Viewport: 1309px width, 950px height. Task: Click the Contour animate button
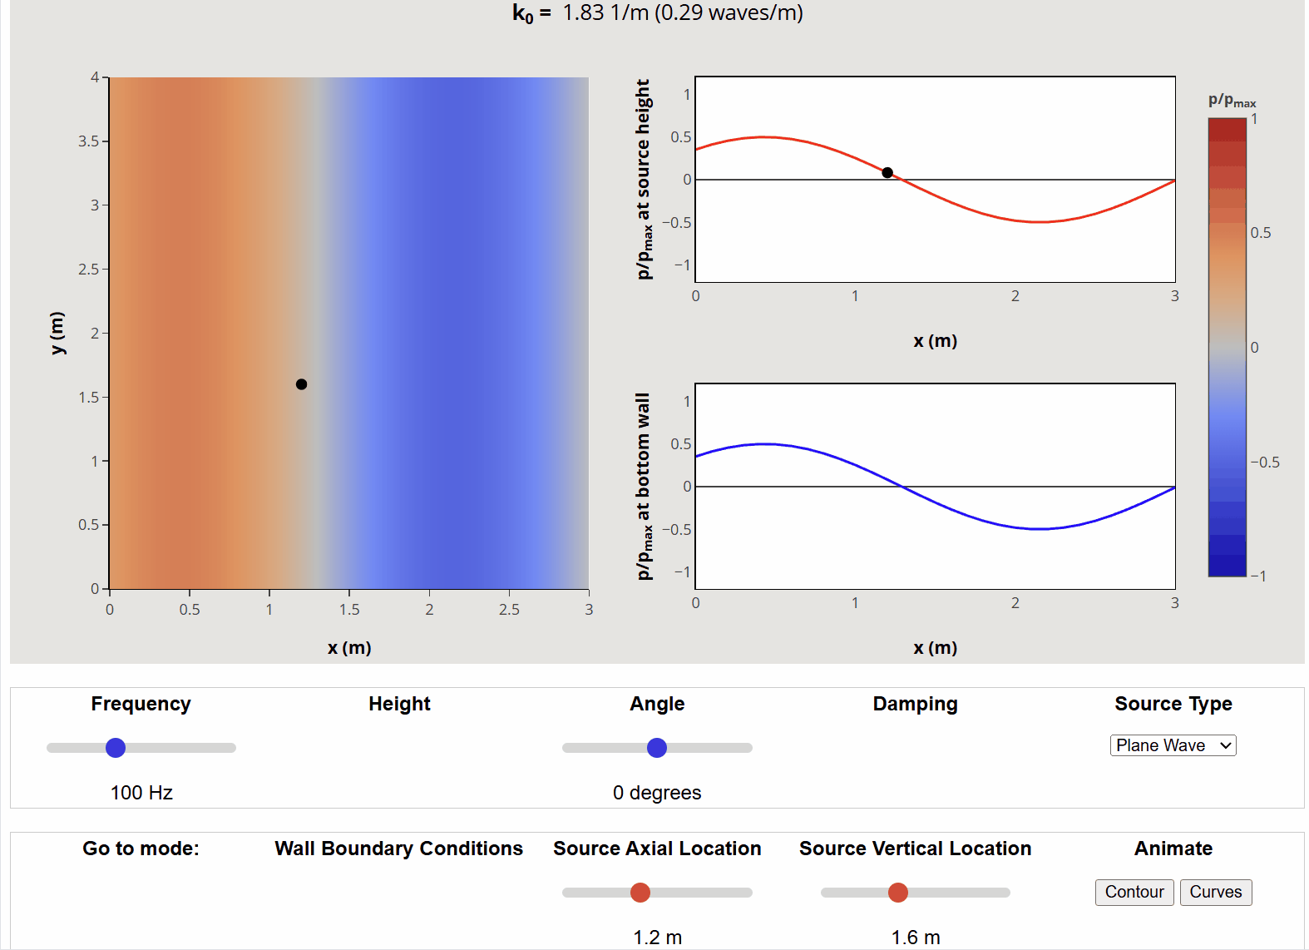click(x=1134, y=892)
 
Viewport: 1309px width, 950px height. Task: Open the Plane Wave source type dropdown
click(x=1173, y=745)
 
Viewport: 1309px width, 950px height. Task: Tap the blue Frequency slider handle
click(x=116, y=748)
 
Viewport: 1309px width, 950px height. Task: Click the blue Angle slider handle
click(x=657, y=748)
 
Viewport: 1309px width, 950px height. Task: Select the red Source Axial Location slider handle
click(x=640, y=893)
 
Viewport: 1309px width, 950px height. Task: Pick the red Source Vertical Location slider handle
click(x=898, y=893)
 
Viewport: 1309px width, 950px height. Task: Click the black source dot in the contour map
click(x=301, y=384)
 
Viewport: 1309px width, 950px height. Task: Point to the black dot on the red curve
click(x=887, y=173)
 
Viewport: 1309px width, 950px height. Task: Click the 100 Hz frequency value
click(x=141, y=793)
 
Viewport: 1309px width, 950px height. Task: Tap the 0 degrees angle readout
click(x=657, y=793)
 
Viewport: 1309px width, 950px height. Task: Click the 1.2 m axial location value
click(x=657, y=938)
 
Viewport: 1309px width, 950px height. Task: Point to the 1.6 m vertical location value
click(x=916, y=938)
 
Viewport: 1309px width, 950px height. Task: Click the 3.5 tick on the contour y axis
click(x=88, y=141)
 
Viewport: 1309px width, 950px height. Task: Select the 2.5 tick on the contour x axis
click(x=509, y=610)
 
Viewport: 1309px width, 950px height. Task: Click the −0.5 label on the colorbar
click(x=1265, y=463)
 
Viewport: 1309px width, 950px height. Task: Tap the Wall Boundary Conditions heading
click(x=398, y=849)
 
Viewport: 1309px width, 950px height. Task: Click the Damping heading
click(x=915, y=704)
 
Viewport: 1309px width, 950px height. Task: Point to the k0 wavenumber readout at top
click(x=657, y=13)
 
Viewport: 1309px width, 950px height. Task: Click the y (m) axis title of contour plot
click(x=57, y=333)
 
